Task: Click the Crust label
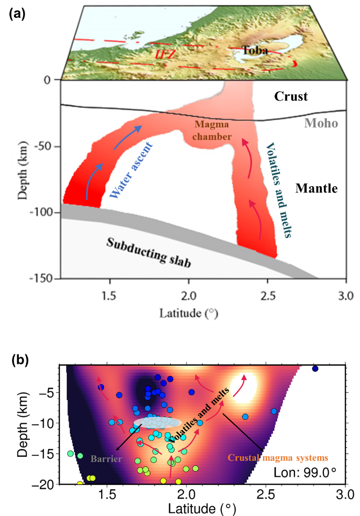click(291, 96)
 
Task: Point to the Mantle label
click(316, 188)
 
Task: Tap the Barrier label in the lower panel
click(106, 459)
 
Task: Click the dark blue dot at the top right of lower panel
click(315, 369)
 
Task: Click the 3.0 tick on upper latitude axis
click(346, 296)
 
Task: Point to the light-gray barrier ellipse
click(157, 422)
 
